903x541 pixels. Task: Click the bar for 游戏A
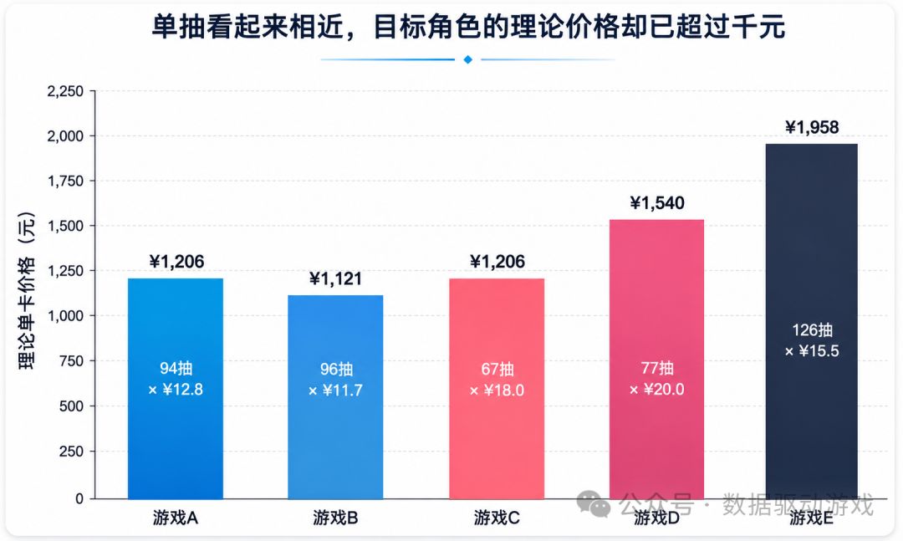click(176, 389)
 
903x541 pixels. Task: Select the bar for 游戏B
click(336, 397)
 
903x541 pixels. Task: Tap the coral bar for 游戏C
click(497, 389)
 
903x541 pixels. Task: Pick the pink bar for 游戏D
click(657, 360)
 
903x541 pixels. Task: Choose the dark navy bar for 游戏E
click(811, 321)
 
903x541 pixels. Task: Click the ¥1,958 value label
click(812, 127)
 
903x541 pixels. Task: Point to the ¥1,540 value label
click(657, 203)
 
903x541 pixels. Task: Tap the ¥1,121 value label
click(336, 278)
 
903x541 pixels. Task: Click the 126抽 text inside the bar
click(812, 330)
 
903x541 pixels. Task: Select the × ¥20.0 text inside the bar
click(657, 390)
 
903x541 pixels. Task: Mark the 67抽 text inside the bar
click(497, 369)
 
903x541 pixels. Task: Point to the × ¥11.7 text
click(336, 390)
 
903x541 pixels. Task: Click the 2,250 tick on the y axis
click(65, 91)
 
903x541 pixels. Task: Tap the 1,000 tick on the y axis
click(65, 316)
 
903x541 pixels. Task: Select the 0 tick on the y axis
click(79, 499)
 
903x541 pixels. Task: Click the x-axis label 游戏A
click(176, 518)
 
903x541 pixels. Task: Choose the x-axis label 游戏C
click(497, 518)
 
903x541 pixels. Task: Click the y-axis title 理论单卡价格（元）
click(27, 291)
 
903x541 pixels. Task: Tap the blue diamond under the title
click(467, 59)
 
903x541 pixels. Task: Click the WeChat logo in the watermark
click(594, 503)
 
